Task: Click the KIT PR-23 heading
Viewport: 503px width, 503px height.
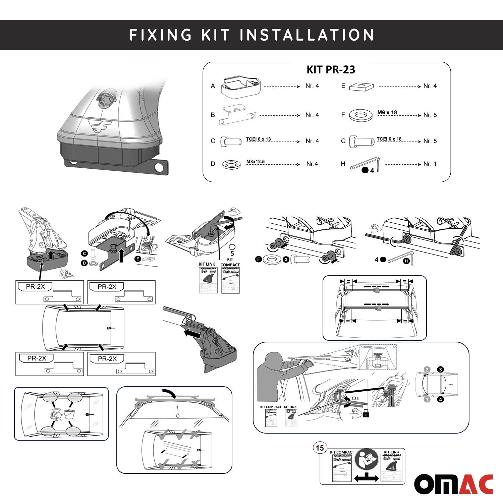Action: point(331,69)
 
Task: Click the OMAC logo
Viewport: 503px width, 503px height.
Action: point(453,484)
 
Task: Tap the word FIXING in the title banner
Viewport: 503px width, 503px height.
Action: point(161,35)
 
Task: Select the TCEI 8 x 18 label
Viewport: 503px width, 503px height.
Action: point(258,139)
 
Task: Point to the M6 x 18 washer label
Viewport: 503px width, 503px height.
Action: point(387,113)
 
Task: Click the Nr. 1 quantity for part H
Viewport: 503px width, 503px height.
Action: point(430,164)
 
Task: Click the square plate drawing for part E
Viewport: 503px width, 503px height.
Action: point(361,87)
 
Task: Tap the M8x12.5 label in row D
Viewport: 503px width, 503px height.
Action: point(256,162)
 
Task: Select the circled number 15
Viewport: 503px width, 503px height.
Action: point(320,448)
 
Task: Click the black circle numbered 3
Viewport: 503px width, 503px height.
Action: point(440,370)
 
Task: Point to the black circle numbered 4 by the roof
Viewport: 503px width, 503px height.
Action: point(440,399)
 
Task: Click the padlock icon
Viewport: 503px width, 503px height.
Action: point(366,414)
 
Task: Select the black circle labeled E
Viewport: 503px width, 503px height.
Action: point(137,259)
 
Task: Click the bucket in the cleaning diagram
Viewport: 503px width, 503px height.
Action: point(69,414)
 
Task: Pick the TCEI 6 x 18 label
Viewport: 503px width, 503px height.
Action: point(389,139)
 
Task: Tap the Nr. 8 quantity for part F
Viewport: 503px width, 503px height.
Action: point(430,115)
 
